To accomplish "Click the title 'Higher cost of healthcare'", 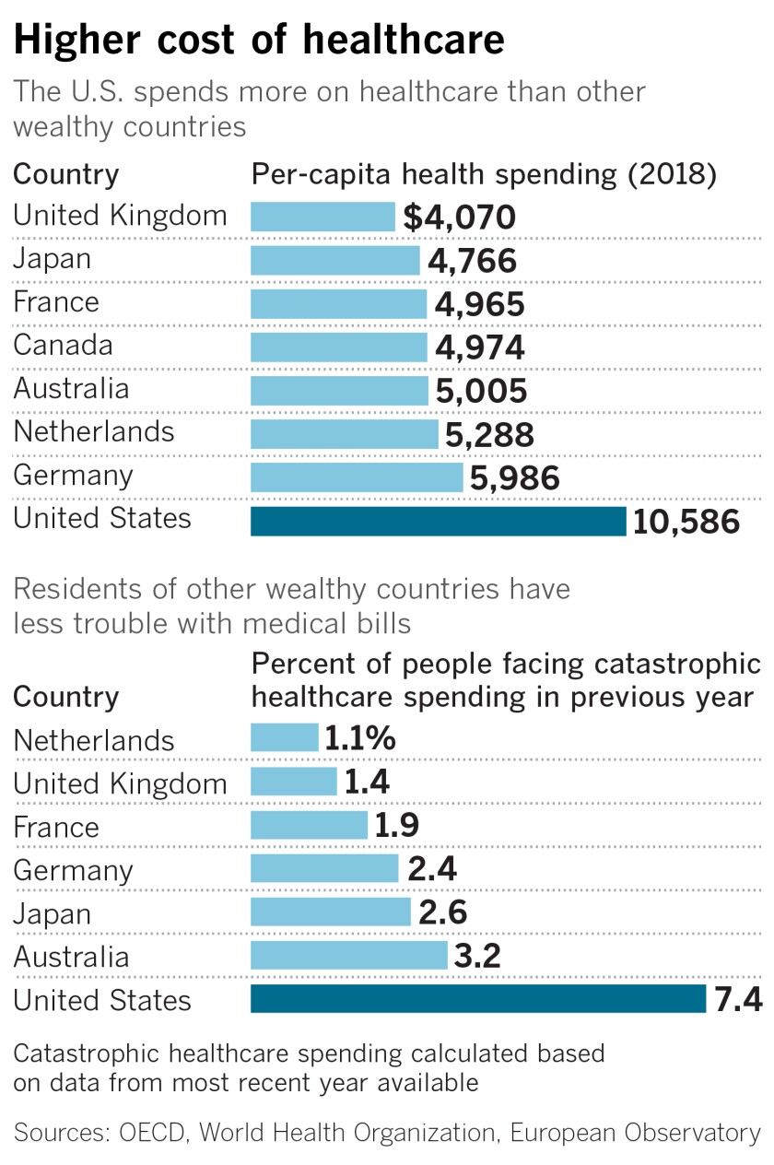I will coord(259,41).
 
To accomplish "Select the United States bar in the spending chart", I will coord(439,521).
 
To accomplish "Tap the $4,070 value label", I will coord(459,218).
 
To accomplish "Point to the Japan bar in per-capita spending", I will coord(335,260).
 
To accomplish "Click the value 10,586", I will coord(686,522).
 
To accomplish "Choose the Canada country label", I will coord(63,346).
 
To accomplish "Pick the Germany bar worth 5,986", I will coord(357,477).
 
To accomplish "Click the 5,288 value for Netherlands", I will coord(489,434).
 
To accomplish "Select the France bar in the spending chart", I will coord(339,303).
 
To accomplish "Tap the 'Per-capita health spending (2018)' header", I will coord(484,174).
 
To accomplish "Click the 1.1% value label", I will coord(360,738).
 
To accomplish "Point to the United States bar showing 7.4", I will coord(478,998).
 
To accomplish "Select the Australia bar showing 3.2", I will coord(348,955).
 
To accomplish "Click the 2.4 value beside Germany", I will coord(431,868).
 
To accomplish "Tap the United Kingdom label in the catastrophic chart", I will coord(120,783).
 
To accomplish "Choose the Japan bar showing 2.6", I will coord(331,912).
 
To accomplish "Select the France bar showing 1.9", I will coord(309,825).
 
